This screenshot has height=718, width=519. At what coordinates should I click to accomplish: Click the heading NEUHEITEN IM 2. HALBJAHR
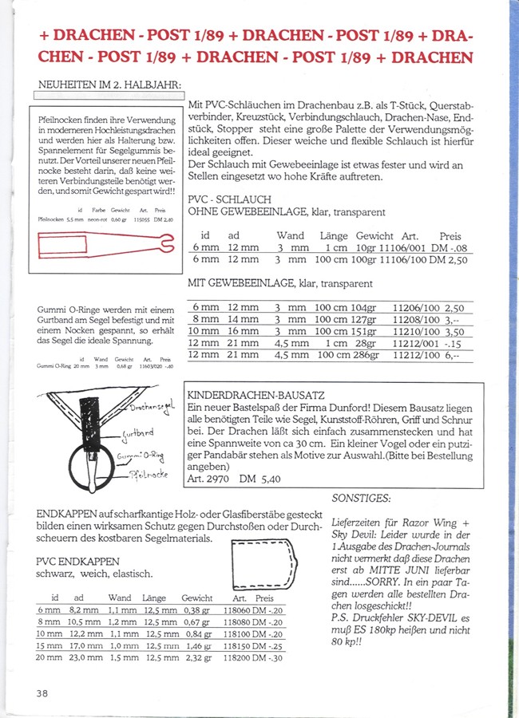click(x=111, y=85)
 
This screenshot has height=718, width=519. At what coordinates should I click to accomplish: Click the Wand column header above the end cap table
click(x=120, y=598)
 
